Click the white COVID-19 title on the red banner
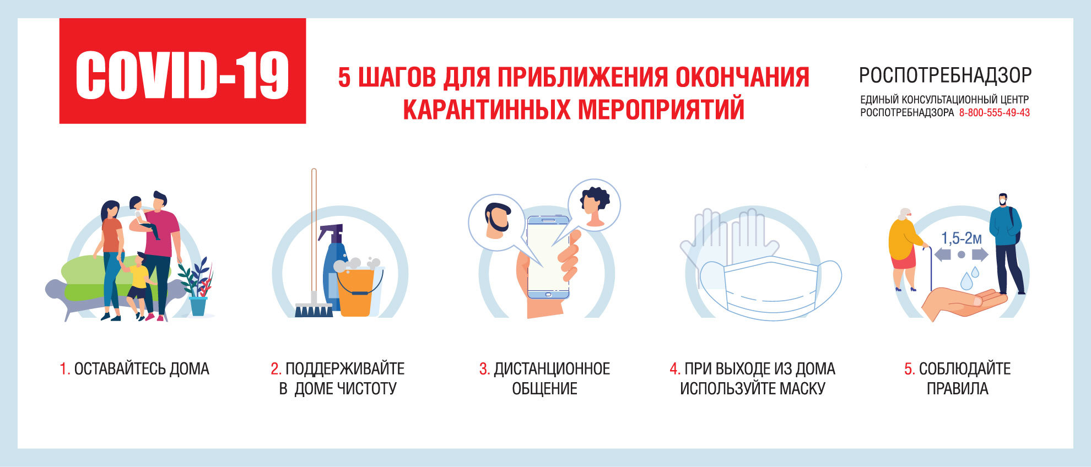coord(182,75)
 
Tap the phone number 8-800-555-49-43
coord(995,113)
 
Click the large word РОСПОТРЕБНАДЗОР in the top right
coord(945,75)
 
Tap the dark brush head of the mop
coord(314,309)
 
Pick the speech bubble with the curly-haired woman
coord(593,205)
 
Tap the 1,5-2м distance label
coord(962,238)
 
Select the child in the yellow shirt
coord(139,286)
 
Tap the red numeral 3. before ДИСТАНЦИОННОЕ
coord(484,369)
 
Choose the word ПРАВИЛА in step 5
coord(957,389)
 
